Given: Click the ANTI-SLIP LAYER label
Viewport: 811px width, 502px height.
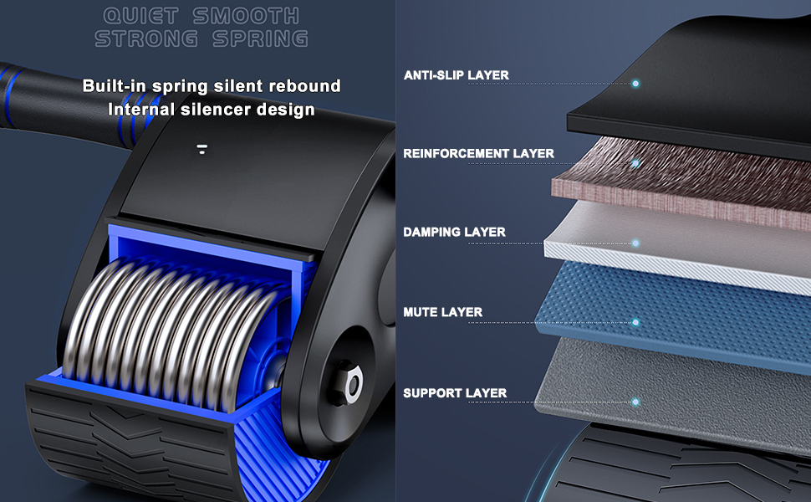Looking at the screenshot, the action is pos(456,75).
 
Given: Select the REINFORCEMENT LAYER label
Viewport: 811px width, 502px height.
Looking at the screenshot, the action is pos(478,154).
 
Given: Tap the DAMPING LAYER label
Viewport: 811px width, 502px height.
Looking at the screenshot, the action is pos(454,232).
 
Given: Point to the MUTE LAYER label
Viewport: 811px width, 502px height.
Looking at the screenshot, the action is pos(442,312).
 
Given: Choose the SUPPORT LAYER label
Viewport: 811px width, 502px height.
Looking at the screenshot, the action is pos(455,392).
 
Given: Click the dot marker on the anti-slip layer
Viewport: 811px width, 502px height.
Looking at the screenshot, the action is pos(636,84).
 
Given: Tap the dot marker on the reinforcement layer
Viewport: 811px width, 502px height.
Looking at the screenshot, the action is pos(636,163).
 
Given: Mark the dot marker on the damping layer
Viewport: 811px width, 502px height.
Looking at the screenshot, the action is pos(636,243).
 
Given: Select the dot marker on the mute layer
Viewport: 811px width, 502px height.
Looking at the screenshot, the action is pos(636,322).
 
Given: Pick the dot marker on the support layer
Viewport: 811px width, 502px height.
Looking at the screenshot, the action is pos(636,402).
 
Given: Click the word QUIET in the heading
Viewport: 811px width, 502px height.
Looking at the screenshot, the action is pos(140,16).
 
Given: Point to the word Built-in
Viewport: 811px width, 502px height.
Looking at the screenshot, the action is pos(115,86).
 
